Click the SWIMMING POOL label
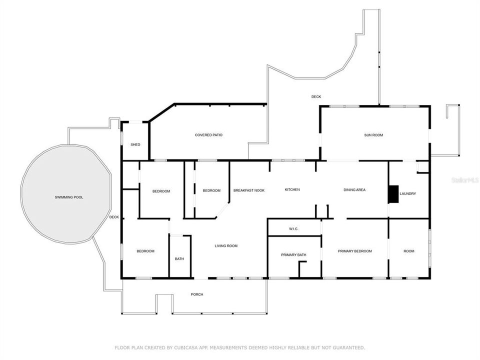click(x=69, y=197)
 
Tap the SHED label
click(x=135, y=144)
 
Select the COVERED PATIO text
click(x=208, y=135)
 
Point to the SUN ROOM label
click(x=373, y=135)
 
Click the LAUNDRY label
click(x=407, y=193)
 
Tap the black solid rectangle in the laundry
click(x=394, y=194)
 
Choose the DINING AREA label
click(x=354, y=190)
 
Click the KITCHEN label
click(x=292, y=190)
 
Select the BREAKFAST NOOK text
click(x=249, y=190)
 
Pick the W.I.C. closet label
click(x=293, y=229)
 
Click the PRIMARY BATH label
click(x=293, y=255)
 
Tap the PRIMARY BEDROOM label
click(x=354, y=251)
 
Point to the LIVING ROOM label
click(x=226, y=246)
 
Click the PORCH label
click(x=197, y=294)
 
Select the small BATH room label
click(x=179, y=259)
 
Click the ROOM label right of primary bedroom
click(x=409, y=251)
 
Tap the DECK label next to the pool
click(x=114, y=217)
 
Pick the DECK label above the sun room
click(x=316, y=96)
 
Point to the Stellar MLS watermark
click(x=464, y=179)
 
